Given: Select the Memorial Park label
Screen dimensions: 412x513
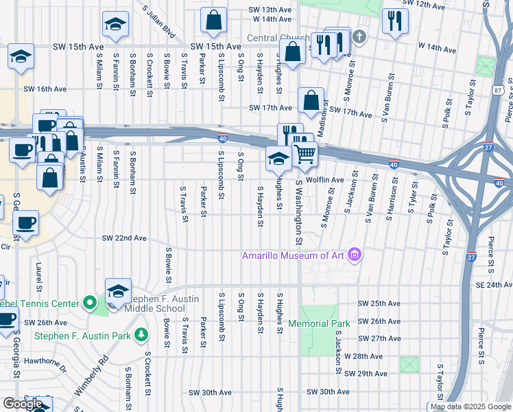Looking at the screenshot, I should click(x=319, y=323).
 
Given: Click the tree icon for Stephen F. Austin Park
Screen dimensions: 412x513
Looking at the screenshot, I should click(x=141, y=335).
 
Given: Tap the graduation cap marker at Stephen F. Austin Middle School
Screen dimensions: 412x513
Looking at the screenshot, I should click(x=118, y=291).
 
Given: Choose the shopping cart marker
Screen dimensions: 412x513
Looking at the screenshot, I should click(x=305, y=154).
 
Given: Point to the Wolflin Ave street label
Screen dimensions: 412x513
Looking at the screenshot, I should click(x=324, y=180).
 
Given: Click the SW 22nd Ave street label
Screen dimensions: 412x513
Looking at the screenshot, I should click(x=124, y=238).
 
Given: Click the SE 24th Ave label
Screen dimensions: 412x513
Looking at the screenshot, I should click(x=490, y=284).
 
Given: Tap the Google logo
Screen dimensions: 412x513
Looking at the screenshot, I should click(x=23, y=404).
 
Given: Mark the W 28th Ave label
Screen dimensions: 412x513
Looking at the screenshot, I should click(x=363, y=356).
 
